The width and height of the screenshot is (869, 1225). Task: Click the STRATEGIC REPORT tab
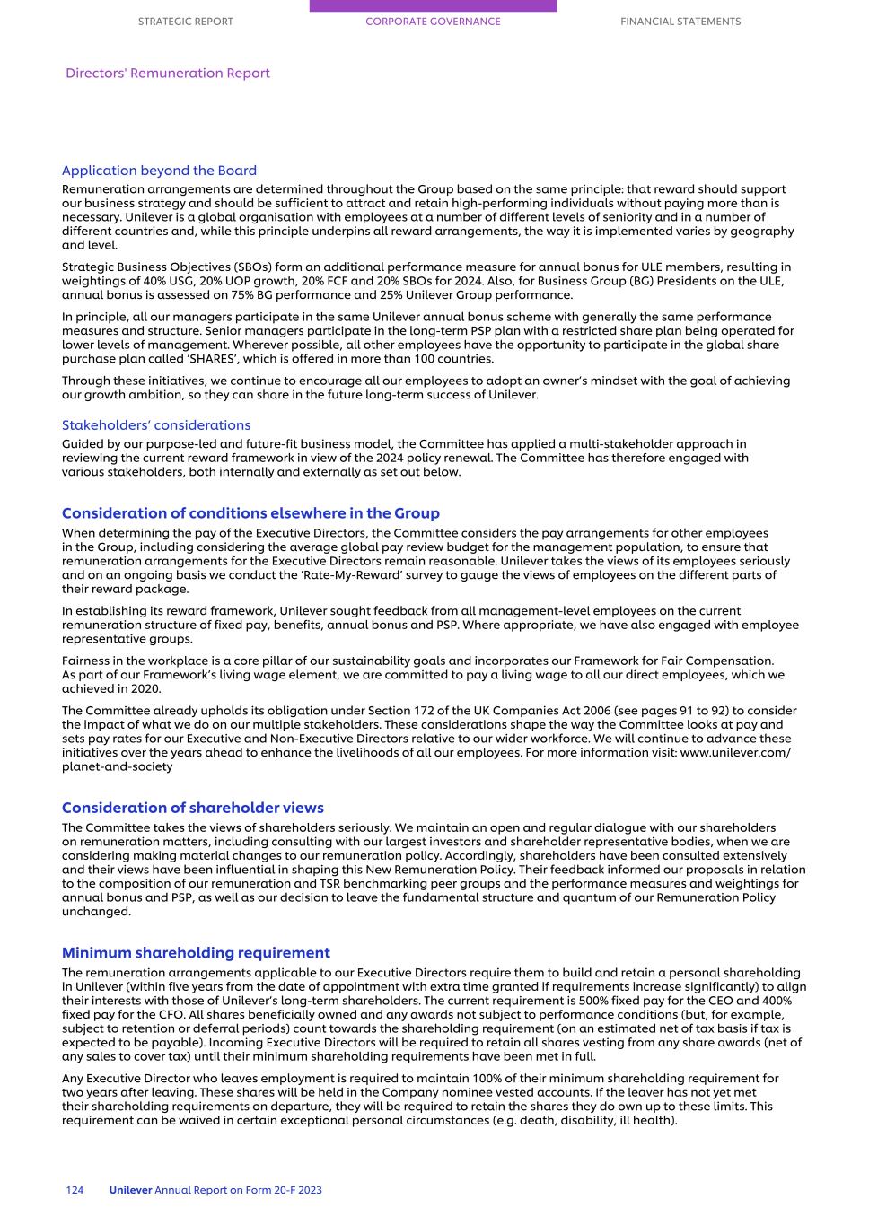[185, 22]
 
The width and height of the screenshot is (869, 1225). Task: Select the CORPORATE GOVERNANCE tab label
[433, 22]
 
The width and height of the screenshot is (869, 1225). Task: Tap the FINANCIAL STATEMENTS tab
[680, 22]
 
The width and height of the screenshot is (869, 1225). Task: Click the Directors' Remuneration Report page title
[167, 74]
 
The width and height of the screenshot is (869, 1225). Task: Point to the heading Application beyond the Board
[159, 171]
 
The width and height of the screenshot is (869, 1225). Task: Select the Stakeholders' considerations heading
[156, 425]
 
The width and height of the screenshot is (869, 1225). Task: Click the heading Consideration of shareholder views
[192, 808]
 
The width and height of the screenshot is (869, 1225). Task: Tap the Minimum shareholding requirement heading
[196, 953]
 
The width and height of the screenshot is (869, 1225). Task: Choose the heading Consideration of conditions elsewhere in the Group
[250, 513]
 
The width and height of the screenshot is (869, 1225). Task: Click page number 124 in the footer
[75, 1190]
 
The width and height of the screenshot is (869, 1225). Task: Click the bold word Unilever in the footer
[130, 1190]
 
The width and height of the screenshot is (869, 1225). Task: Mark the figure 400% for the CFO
[777, 1001]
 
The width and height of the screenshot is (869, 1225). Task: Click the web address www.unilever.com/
[735, 752]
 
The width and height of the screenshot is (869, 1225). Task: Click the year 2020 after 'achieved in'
[146, 689]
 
